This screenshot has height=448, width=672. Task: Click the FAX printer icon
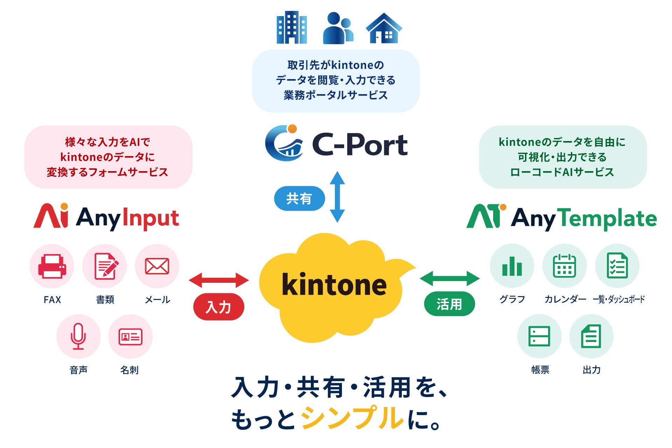click(x=52, y=266)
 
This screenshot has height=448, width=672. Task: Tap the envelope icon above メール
click(x=157, y=266)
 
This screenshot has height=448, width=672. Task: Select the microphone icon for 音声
click(x=78, y=336)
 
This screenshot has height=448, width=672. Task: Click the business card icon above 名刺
click(x=131, y=337)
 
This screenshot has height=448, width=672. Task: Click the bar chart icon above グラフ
click(x=512, y=266)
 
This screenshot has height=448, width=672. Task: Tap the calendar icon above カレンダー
click(x=565, y=266)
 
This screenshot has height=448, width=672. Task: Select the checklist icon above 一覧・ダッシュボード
click(x=617, y=266)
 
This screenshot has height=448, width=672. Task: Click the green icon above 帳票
click(x=539, y=336)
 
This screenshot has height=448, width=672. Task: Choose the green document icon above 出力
click(x=591, y=336)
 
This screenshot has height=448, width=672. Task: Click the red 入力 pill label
click(x=219, y=307)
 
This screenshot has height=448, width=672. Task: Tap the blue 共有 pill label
click(x=299, y=198)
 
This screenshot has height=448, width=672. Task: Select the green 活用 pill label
click(x=449, y=304)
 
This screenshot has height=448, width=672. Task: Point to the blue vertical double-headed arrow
click(x=337, y=197)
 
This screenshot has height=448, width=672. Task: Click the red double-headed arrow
click(x=219, y=280)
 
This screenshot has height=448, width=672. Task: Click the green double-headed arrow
click(x=450, y=279)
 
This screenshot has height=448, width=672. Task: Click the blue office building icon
click(x=292, y=27)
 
